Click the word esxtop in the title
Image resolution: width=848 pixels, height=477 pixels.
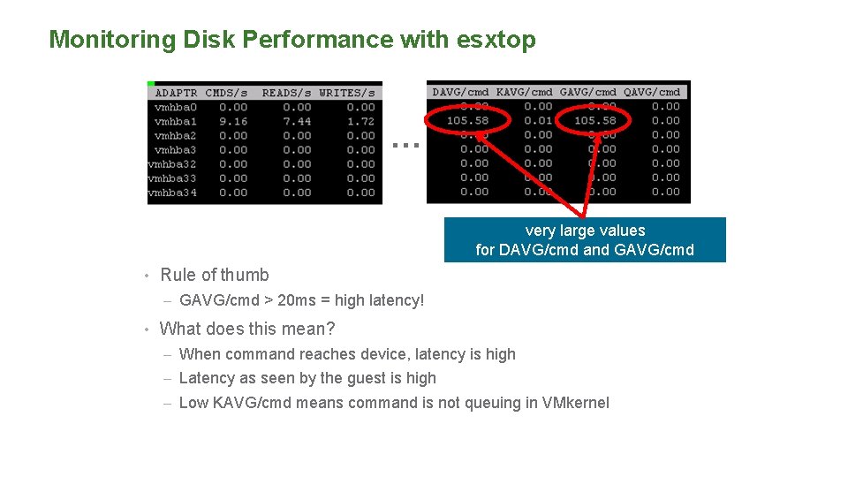click(x=496, y=40)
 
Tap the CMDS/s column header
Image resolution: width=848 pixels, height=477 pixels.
click(x=226, y=93)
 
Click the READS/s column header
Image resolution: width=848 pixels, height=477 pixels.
click(x=286, y=93)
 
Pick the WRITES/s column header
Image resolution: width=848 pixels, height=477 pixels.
click(x=347, y=93)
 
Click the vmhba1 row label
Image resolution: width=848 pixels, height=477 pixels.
click(x=175, y=121)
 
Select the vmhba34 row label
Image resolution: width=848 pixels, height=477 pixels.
click(x=172, y=192)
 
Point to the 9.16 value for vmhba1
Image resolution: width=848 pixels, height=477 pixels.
click(x=233, y=121)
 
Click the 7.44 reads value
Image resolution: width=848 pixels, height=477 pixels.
click(x=298, y=121)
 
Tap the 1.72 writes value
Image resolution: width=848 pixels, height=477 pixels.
click(x=360, y=121)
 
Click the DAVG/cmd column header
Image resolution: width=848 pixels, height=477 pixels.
click(x=460, y=92)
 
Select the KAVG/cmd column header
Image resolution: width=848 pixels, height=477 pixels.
click(x=525, y=92)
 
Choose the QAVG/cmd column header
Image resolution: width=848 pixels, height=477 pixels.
click(x=652, y=92)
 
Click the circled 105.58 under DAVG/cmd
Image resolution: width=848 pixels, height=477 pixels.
click(x=468, y=120)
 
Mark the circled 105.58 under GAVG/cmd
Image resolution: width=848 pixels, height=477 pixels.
click(x=595, y=120)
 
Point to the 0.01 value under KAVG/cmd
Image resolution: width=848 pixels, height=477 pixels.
click(x=538, y=120)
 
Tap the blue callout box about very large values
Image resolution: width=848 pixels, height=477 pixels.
click(x=585, y=240)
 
